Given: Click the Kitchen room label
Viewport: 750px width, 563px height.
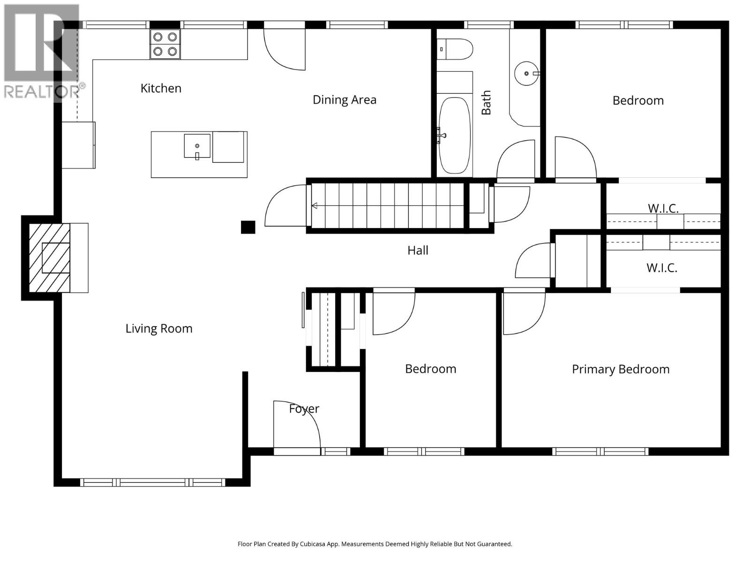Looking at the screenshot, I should pos(161,88).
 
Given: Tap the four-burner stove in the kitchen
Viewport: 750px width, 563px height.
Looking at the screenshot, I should pos(165,44).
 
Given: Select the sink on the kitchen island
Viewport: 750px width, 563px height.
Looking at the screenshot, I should pos(197,146).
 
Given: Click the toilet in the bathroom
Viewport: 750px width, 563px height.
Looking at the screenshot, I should pos(456,49).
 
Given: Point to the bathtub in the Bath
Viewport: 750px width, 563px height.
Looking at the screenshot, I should pos(454,136).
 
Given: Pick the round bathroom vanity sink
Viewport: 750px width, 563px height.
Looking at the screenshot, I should pos(526,74).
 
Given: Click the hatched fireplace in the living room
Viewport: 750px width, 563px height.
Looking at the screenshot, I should pos(50,257).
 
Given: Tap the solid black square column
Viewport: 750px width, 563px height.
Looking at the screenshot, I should pos(248,227).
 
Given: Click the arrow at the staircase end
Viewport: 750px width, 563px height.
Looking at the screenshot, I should pos(315,205).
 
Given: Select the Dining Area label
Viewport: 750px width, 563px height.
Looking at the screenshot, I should pos(345,99).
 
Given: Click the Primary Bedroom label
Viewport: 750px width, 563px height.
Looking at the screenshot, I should pos(621,369).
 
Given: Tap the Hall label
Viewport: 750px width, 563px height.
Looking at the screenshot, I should pos(418,251).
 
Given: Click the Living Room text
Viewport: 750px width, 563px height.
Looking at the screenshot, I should pos(159,328).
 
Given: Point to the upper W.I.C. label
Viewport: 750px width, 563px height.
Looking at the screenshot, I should pos(663,208).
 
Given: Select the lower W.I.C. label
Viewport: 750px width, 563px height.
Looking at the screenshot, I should pos(662,268).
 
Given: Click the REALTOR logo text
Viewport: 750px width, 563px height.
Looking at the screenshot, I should pos(42,91).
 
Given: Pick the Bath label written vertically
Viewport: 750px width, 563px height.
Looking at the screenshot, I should pos(487,103).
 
